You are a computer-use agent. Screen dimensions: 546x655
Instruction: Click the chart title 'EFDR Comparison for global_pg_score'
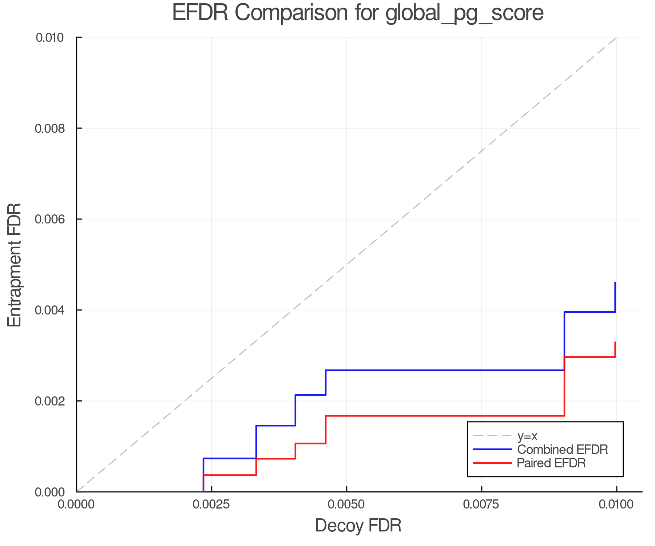[x=358, y=13]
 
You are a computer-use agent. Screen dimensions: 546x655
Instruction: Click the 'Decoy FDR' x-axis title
[x=358, y=526]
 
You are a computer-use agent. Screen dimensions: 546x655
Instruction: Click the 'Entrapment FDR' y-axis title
[x=15, y=265]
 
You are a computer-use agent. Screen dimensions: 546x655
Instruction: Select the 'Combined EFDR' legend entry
[x=562, y=450]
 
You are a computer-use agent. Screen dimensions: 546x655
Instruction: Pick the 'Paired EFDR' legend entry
[x=551, y=463]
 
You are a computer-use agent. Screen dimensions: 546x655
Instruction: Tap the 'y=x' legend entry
[x=527, y=436]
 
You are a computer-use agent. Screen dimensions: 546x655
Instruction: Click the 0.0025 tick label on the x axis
[x=212, y=504]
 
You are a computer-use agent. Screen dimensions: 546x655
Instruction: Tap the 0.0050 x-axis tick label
[x=347, y=504]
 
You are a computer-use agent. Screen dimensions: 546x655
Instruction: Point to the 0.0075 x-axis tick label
[x=482, y=504]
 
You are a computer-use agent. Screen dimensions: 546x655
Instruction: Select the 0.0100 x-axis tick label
[x=616, y=504]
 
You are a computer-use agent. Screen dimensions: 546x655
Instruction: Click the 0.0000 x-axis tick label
[x=77, y=504]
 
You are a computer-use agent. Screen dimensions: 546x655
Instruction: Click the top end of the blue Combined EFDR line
[x=615, y=282]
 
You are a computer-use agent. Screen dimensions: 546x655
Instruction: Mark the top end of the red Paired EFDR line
[x=615, y=342]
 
